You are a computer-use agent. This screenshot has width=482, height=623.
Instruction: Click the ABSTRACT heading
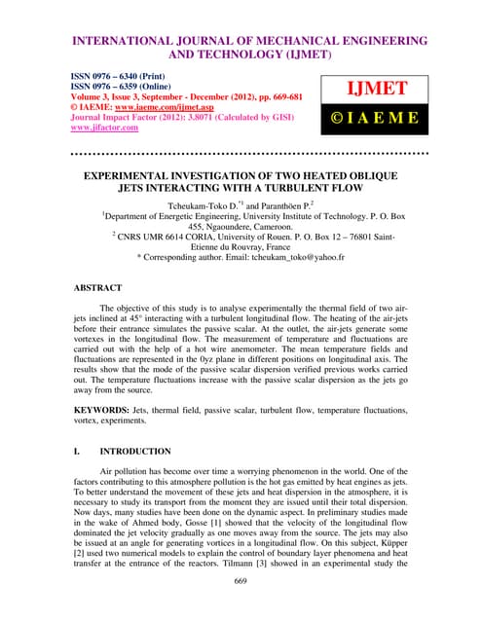point(98,288)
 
